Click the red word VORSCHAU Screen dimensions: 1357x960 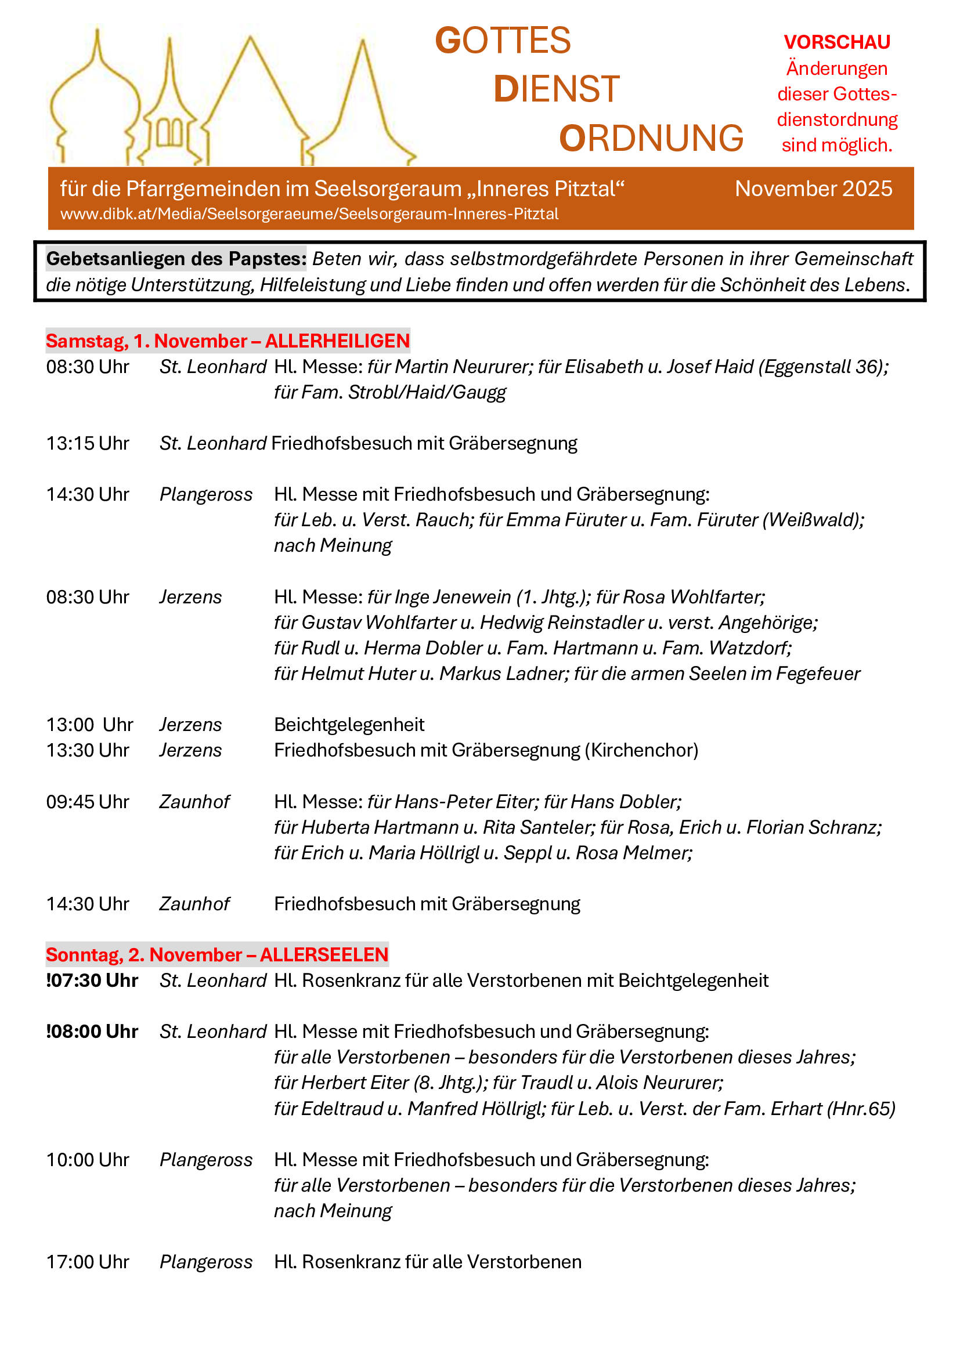point(836,42)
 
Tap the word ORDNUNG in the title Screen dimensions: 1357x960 point(651,138)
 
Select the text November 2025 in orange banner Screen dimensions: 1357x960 point(813,189)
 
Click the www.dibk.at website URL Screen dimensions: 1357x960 point(309,214)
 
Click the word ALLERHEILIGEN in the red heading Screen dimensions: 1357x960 point(337,341)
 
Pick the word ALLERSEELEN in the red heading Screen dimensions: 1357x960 point(324,954)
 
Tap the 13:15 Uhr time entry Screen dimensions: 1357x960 point(88,443)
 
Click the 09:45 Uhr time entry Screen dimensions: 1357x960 point(88,801)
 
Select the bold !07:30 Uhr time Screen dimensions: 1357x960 point(92,980)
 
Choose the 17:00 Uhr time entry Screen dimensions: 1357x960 point(88,1262)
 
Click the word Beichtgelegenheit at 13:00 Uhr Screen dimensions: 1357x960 point(349,725)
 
